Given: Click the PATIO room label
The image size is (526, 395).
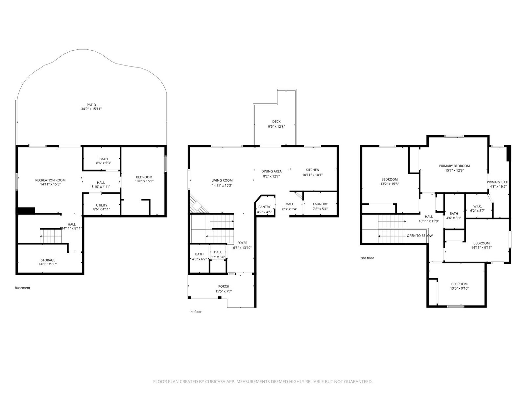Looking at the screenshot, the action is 91,105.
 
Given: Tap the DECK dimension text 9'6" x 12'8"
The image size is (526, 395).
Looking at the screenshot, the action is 276,126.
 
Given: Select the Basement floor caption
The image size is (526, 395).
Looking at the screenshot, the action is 23,288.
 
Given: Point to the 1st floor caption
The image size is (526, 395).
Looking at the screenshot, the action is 195,312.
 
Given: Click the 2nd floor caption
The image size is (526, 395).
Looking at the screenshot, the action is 367,258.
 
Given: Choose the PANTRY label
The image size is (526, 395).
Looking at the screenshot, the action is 264,207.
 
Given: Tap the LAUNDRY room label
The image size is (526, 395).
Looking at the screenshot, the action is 320,204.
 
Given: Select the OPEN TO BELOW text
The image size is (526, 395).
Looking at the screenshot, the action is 420,236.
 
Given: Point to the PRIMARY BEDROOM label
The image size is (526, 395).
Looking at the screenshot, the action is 454,166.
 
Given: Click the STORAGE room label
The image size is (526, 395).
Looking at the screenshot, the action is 48,260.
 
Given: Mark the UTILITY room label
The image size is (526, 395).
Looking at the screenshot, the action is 102,205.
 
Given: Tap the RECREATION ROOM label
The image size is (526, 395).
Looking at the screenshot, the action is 50,180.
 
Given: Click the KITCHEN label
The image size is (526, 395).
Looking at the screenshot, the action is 312,170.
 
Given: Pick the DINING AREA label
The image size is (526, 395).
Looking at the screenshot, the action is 272,171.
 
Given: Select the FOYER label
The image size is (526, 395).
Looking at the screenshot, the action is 242,243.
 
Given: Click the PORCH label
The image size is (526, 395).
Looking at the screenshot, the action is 224,286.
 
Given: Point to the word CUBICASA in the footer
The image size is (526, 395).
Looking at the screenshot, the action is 215,382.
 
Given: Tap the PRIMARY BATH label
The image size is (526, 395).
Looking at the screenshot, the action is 498,182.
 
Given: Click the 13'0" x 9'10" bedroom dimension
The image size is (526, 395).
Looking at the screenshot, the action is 459,288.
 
